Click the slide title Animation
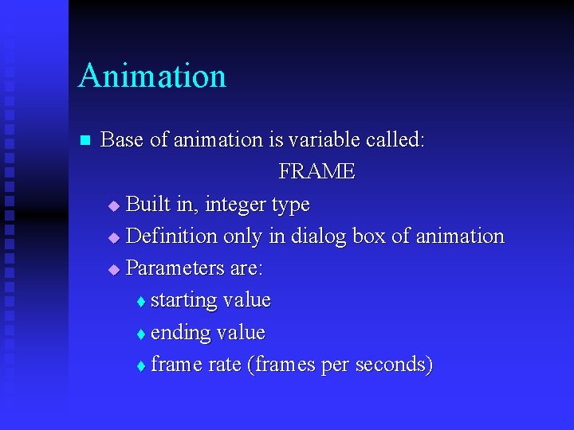(152, 76)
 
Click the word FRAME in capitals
(316, 172)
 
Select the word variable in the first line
(324, 140)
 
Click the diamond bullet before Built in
(112, 206)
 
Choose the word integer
(236, 205)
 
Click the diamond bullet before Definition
(112, 238)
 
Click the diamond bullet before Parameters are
(112, 270)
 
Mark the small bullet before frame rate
(140, 366)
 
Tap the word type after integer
(290, 205)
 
